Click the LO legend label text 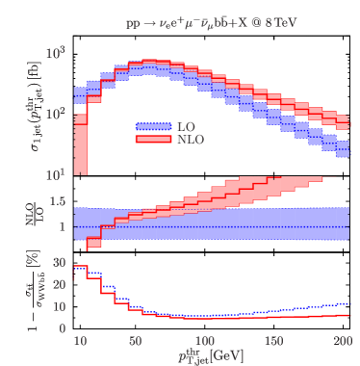coord(189,126)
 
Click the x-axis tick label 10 coord(79,342)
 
